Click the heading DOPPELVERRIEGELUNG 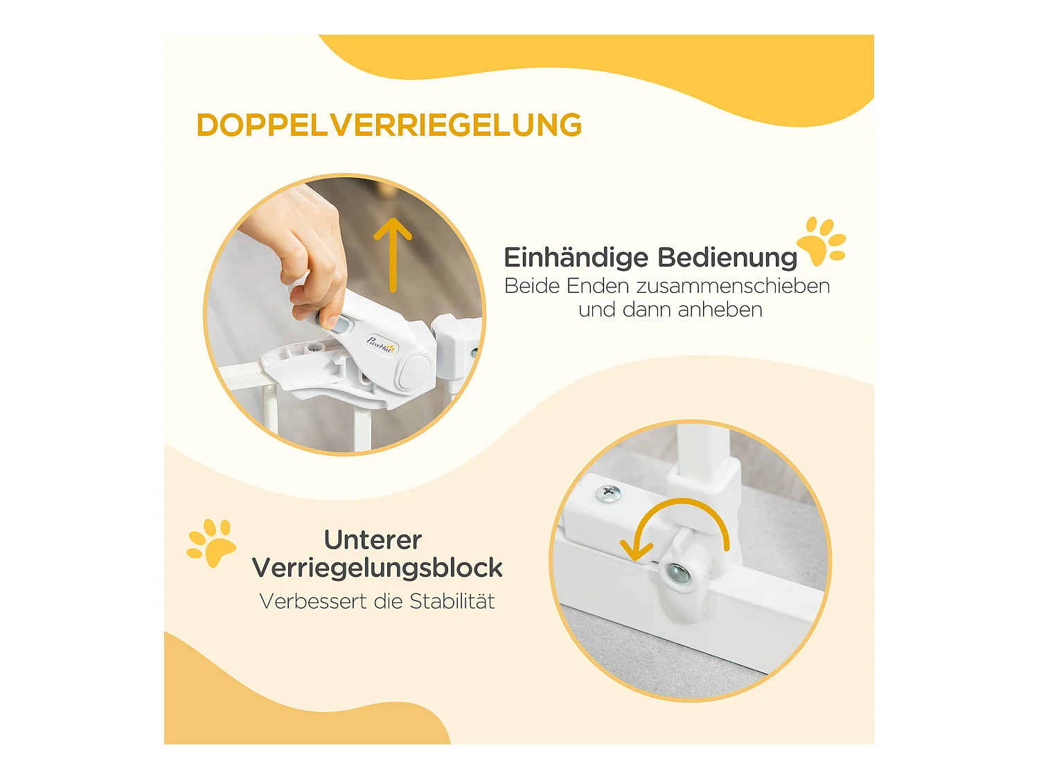click(389, 125)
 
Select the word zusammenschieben click(733, 286)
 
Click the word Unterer click(373, 540)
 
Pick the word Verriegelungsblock click(377, 568)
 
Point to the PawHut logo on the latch click(381, 344)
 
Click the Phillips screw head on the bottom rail click(608, 494)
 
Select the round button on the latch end click(414, 371)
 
